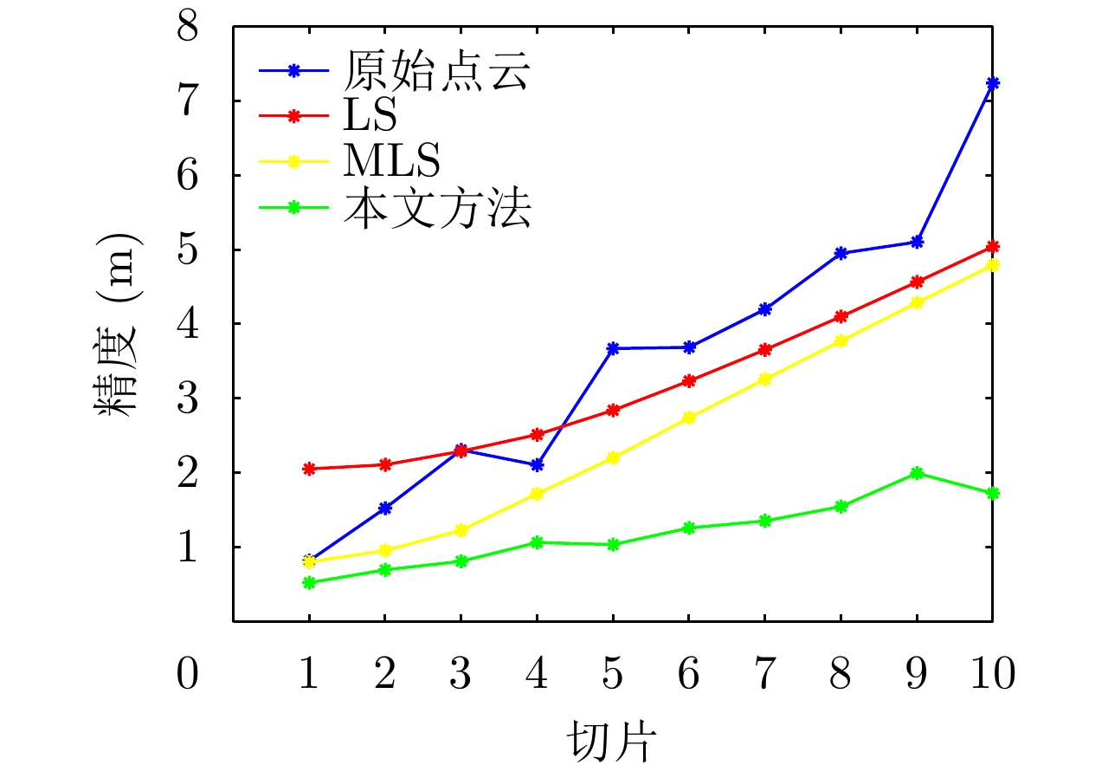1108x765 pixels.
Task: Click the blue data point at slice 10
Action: (992, 83)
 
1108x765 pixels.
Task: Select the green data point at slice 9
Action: (917, 473)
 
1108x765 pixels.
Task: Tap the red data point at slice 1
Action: (309, 469)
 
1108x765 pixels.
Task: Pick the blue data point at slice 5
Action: (613, 348)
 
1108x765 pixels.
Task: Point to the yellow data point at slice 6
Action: (689, 417)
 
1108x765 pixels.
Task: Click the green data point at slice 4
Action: (537, 542)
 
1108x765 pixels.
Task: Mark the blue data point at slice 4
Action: (537, 465)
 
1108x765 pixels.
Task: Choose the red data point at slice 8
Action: (841, 316)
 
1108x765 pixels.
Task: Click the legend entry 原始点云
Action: (436, 73)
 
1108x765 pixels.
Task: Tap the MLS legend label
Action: (391, 161)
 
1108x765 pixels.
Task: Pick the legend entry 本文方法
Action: (436, 208)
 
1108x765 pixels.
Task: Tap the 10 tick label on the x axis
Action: (991, 673)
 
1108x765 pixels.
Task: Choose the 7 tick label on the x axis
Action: (764, 673)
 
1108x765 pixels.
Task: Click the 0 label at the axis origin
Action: (187, 673)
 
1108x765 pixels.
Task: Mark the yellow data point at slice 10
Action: (992, 265)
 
